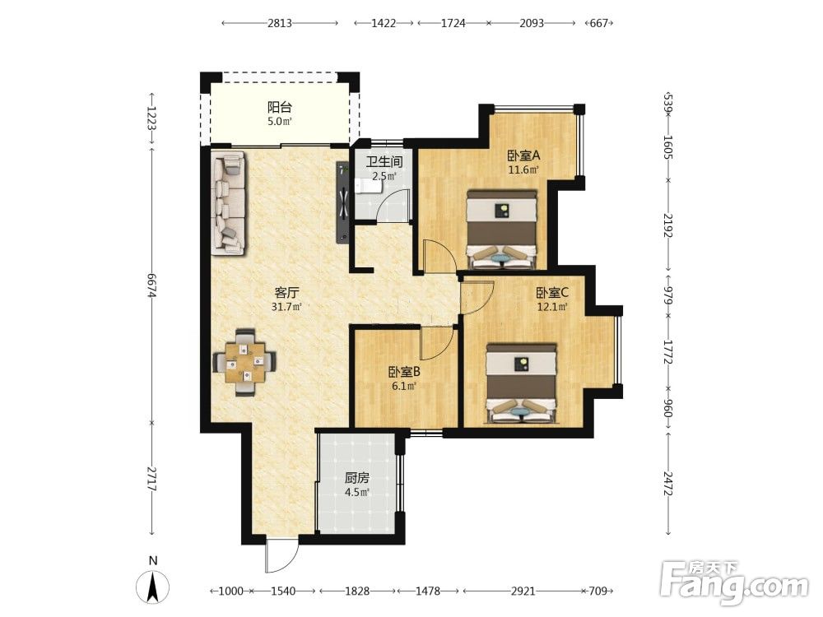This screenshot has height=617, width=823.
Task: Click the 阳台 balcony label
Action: click(279, 108)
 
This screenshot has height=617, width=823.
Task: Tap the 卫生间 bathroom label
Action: click(384, 161)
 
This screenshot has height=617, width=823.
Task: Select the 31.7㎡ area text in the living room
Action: click(286, 306)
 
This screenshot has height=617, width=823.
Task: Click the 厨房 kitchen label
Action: click(357, 478)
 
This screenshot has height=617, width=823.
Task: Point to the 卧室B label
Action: click(404, 372)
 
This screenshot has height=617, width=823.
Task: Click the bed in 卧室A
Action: click(502, 230)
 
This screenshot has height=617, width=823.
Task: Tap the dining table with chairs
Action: click(244, 362)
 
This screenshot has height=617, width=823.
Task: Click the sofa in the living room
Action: click(230, 203)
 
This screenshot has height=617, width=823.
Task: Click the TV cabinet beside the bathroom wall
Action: click(342, 202)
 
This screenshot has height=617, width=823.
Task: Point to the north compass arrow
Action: click(153, 587)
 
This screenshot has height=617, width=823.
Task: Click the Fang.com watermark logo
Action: click(734, 581)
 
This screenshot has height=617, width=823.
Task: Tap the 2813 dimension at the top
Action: click(280, 23)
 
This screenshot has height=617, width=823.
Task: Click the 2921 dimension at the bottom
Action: click(523, 591)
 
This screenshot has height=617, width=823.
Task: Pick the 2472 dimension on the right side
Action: click(668, 485)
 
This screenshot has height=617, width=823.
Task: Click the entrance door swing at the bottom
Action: click(281, 555)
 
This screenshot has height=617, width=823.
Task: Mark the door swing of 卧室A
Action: click(439, 256)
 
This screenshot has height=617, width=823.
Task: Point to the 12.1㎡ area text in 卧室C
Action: click(552, 306)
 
